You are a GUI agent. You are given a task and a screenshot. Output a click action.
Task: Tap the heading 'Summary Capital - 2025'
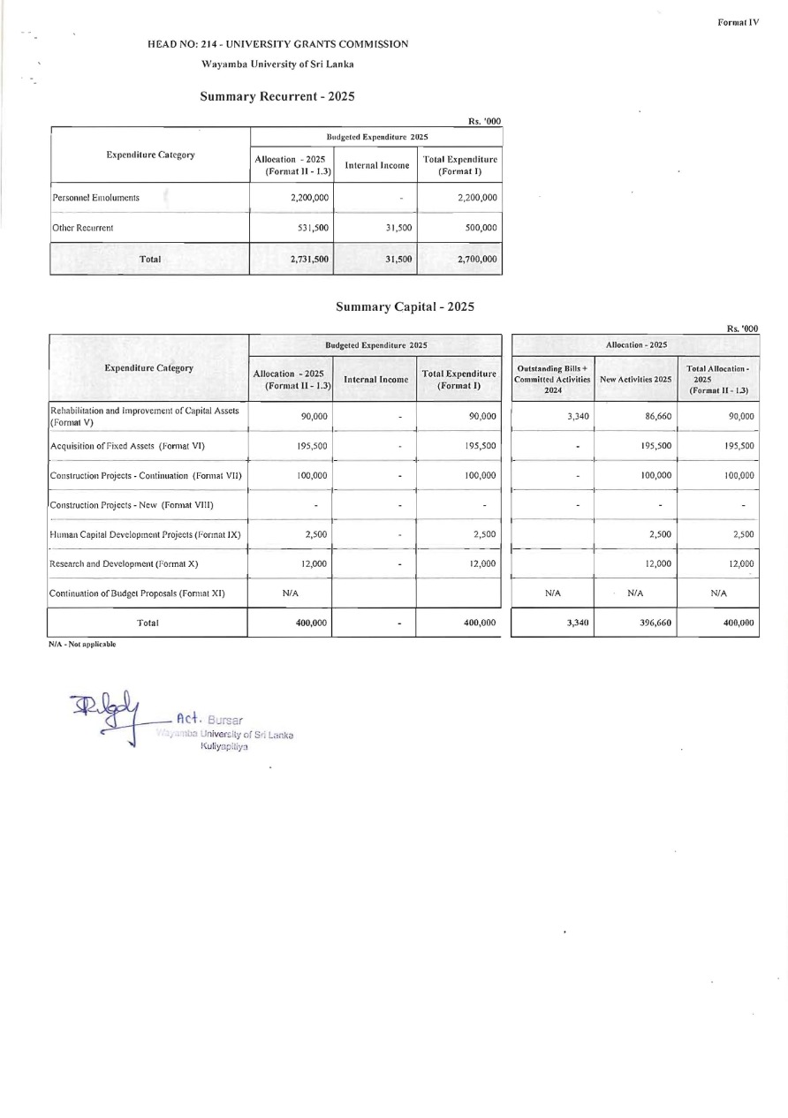pos(405,306)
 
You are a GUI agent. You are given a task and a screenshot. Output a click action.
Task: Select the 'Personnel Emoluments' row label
pos(95,198)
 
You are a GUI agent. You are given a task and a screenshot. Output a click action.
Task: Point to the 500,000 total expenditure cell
pos(481,228)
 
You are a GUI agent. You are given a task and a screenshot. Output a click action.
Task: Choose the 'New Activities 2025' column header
pos(636,379)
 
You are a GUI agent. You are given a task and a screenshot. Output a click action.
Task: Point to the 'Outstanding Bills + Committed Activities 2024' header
pos(553,379)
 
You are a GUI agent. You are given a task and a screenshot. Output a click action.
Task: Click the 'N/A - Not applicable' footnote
pos(82,645)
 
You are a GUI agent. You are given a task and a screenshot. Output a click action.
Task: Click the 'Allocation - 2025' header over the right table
pos(635,344)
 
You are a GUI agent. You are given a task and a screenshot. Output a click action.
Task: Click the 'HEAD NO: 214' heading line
pos(277,43)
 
